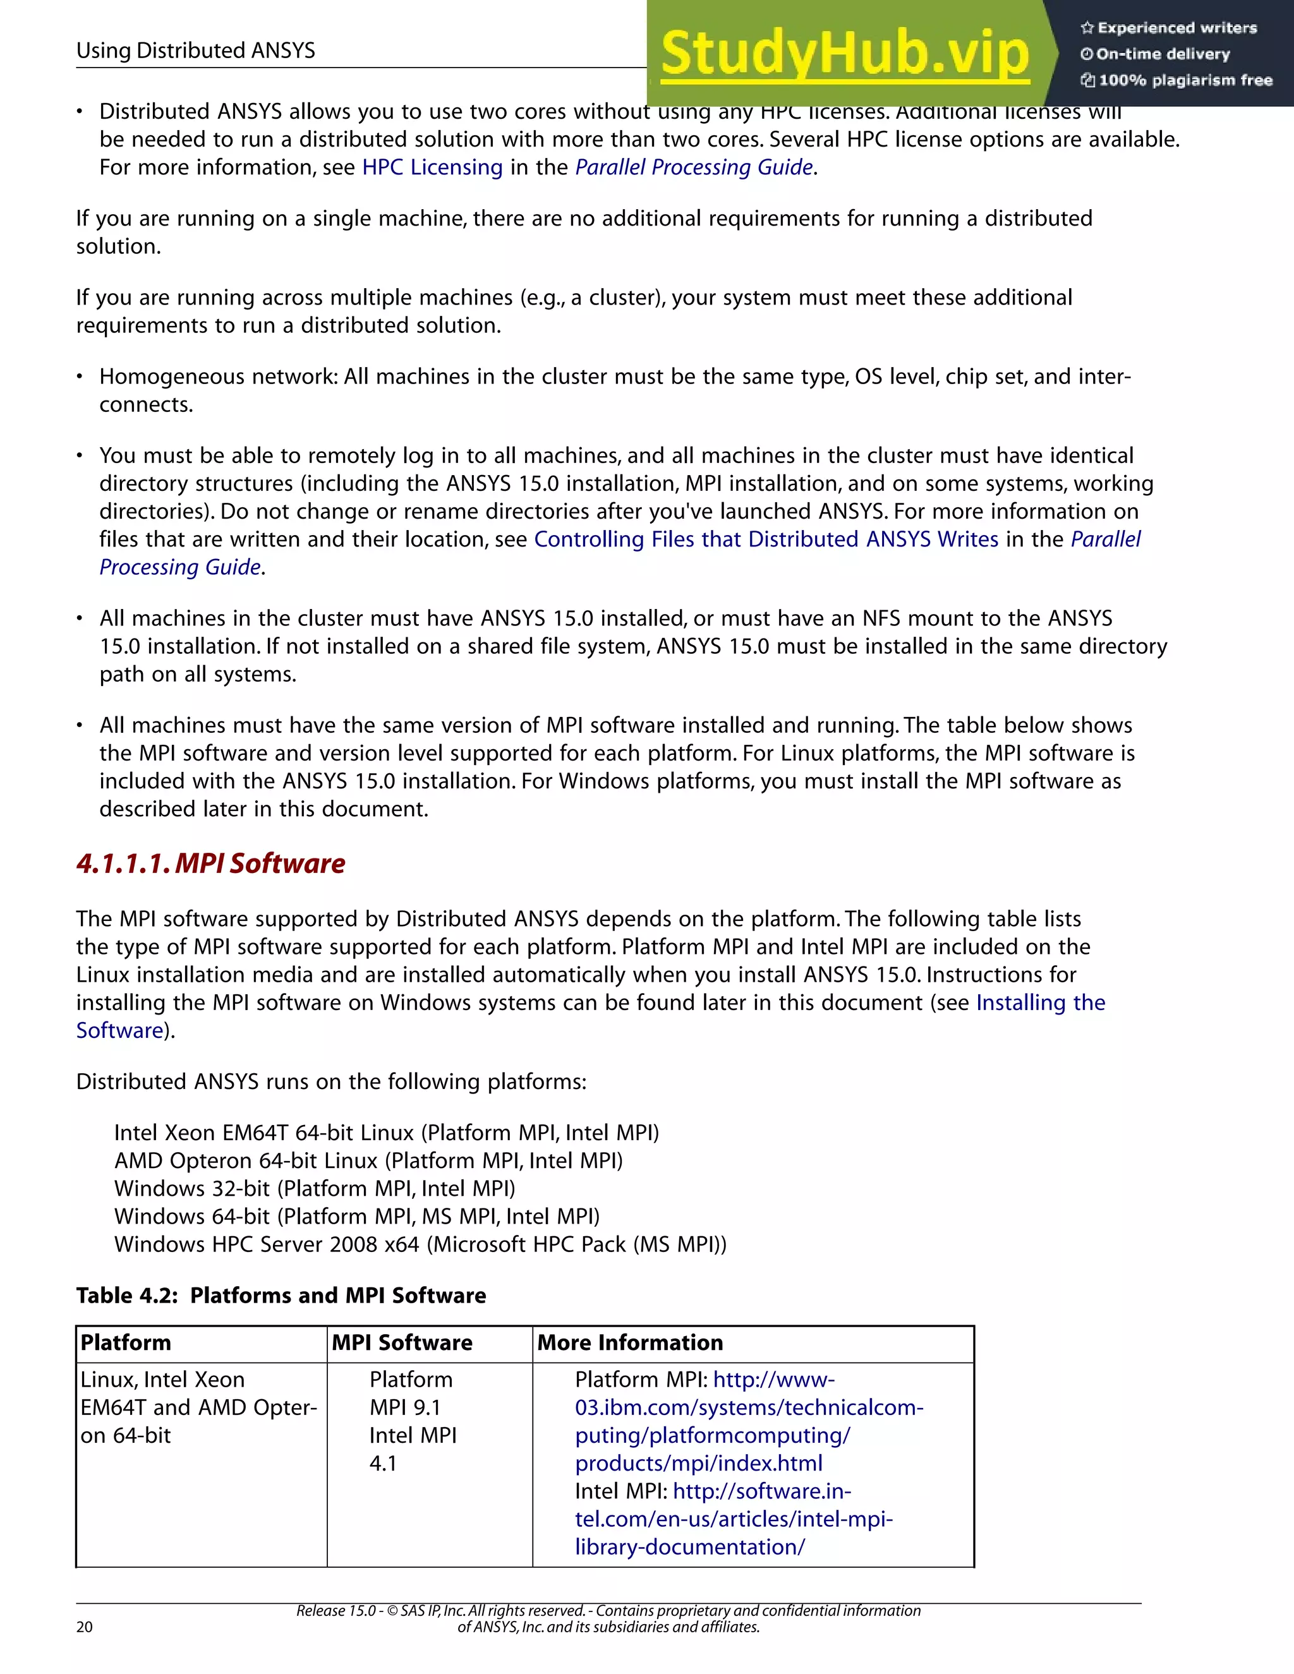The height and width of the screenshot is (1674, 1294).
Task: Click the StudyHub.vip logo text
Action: [844, 54]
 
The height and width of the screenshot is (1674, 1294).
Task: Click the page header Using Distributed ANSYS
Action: [195, 51]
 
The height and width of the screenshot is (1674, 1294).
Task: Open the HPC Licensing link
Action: [432, 167]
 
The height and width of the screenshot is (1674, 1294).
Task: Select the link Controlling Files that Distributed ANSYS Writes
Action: [766, 539]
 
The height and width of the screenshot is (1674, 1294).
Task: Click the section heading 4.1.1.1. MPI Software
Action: [211, 864]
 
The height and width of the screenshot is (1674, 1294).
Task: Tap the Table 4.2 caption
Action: [281, 1296]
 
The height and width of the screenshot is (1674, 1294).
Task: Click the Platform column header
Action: [126, 1343]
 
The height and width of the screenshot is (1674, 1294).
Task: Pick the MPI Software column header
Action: [402, 1343]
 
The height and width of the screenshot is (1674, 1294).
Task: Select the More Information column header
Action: [630, 1343]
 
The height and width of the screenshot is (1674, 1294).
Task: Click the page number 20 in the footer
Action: [84, 1627]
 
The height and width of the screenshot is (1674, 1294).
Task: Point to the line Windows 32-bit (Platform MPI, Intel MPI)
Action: [314, 1188]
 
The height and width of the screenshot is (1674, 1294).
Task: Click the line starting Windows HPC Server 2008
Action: [420, 1244]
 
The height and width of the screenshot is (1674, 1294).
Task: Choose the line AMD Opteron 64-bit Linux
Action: [368, 1160]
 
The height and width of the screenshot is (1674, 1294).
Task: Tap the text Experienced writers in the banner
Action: [1176, 28]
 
